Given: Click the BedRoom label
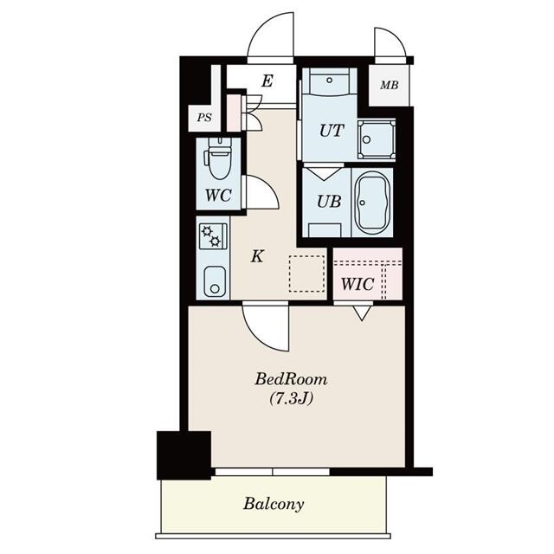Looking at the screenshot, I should click(291, 378).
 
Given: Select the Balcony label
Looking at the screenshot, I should click(273, 503).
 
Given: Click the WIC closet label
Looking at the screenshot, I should click(357, 283).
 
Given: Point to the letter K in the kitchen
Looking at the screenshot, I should click(257, 256).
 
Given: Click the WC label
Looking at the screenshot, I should click(218, 196).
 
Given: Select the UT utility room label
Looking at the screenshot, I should click(331, 131).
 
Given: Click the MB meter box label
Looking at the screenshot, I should click(389, 87).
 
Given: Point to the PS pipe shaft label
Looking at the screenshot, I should click(204, 119).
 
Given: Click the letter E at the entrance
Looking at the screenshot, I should click(267, 82).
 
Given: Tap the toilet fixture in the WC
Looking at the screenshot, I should click(217, 158).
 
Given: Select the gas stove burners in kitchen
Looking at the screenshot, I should click(212, 236).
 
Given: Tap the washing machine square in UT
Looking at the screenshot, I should click(377, 138).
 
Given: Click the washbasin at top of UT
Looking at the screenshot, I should click(328, 85).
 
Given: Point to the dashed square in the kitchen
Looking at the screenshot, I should click(305, 274).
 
